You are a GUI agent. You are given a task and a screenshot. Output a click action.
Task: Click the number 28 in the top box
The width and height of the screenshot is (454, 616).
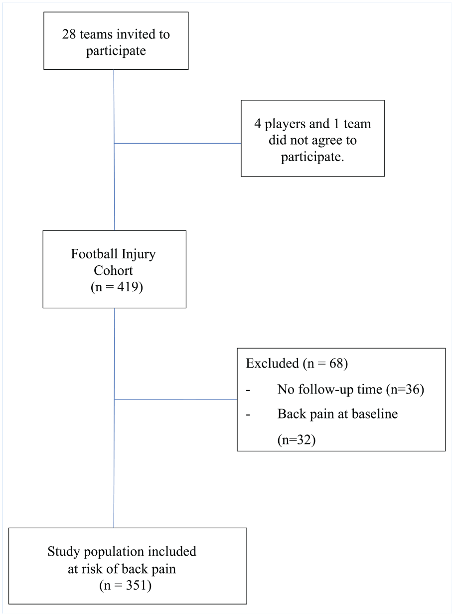click(69, 34)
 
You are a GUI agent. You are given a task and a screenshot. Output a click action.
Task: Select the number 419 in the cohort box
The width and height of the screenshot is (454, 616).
click(128, 287)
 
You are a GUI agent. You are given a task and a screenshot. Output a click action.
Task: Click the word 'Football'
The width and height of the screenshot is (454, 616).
click(94, 253)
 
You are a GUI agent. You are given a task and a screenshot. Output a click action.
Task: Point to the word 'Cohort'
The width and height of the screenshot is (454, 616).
click(113, 271)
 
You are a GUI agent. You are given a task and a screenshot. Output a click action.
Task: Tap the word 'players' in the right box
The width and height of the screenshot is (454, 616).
click(284, 125)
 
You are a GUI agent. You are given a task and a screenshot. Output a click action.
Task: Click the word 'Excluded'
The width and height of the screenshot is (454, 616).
click(272, 363)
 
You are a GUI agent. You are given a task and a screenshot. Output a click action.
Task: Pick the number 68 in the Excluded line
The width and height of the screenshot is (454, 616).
click(336, 364)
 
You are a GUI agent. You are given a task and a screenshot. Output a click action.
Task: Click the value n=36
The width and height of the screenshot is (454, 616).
click(405, 390)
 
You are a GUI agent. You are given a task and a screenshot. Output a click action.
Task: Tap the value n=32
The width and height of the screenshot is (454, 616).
click(297, 440)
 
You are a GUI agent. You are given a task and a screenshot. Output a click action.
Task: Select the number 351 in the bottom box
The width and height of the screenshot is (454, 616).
click(137, 585)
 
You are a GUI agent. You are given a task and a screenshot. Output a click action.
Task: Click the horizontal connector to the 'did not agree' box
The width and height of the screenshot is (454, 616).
click(177, 143)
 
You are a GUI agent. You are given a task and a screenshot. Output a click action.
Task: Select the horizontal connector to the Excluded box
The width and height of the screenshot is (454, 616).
click(175, 400)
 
